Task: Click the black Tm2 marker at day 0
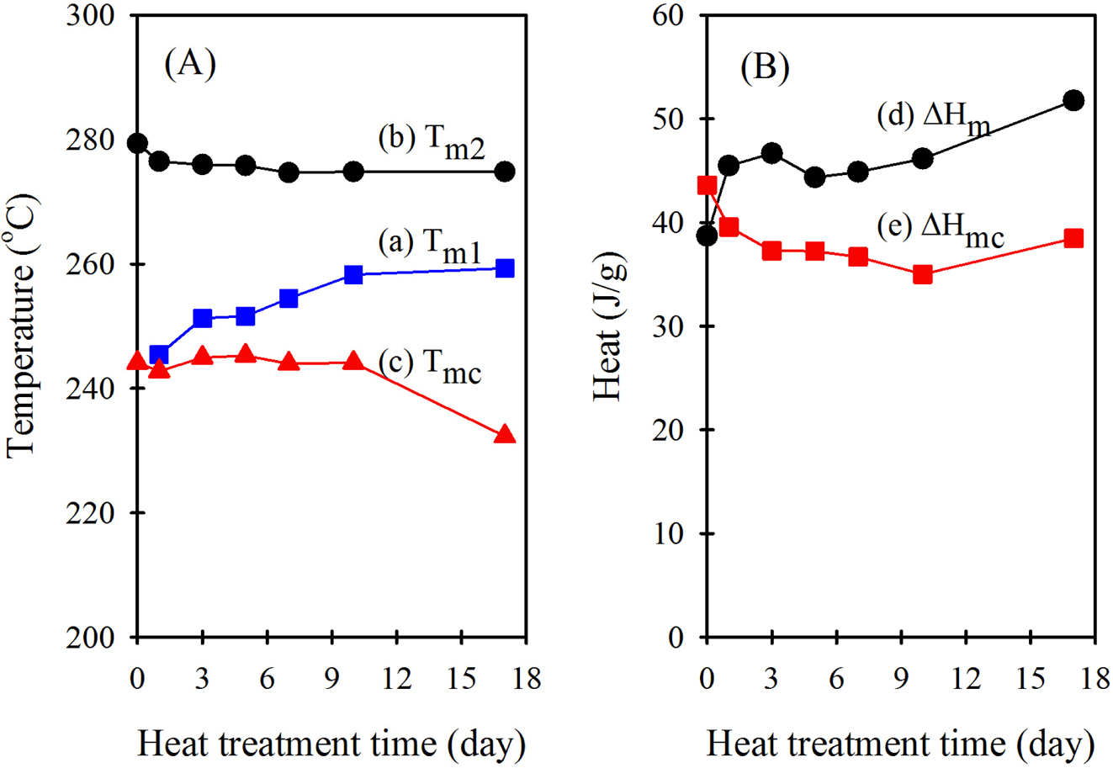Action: [x=137, y=143]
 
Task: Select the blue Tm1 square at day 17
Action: [x=505, y=268]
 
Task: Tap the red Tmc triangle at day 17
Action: [x=505, y=435]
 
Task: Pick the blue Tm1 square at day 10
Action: [x=353, y=274]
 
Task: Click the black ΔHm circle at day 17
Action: [x=1073, y=100]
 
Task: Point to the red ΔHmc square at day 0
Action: [x=707, y=185]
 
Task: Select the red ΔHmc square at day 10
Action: [x=922, y=274]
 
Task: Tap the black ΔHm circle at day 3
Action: [x=771, y=153]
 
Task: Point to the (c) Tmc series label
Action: [x=429, y=368]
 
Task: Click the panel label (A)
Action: [x=190, y=65]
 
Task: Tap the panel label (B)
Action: [x=764, y=67]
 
